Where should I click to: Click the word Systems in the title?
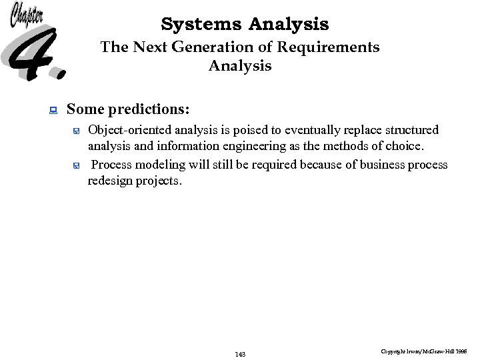pyautogui.click(x=202, y=25)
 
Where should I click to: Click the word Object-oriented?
pyautogui.click(x=129, y=129)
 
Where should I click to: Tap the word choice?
pyautogui.click(x=405, y=146)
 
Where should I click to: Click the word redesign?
pyautogui.click(x=110, y=181)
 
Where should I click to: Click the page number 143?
pyautogui.click(x=240, y=354)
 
